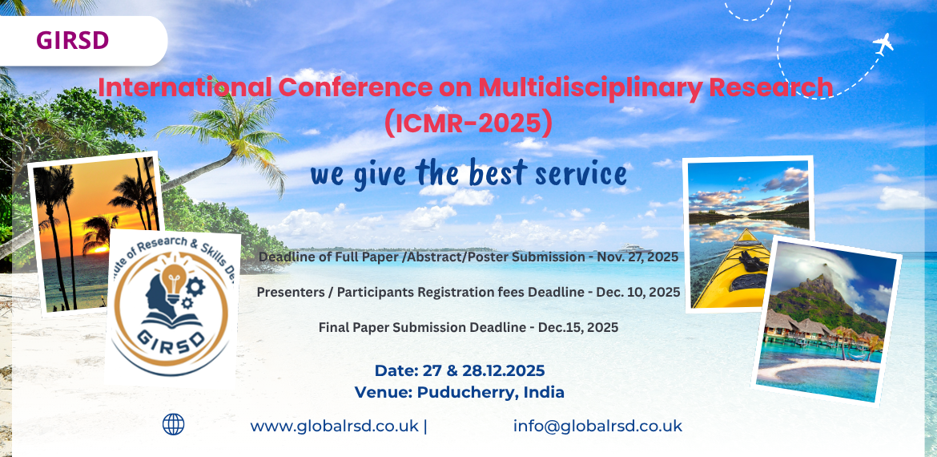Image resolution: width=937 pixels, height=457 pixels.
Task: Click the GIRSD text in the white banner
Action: [72, 40]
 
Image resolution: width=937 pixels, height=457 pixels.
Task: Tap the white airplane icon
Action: [883, 43]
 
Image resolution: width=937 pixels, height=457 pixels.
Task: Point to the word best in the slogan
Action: [500, 174]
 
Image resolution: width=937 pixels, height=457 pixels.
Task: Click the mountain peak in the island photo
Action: [824, 281]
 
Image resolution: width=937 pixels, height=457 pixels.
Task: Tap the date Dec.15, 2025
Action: [578, 327]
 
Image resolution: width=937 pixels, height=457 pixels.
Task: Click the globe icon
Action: [173, 424]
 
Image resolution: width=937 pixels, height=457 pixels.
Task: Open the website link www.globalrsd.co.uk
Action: [335, 427]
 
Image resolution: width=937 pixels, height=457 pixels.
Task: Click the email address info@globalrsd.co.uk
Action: [597, 427]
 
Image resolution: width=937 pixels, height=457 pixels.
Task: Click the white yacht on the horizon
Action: [634, 248]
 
